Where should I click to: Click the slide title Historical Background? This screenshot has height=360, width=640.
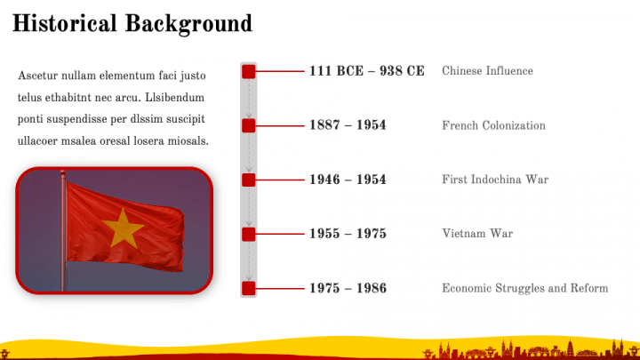pyautogui.click(x=132, y=24)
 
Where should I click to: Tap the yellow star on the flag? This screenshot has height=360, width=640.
pyautogui.click(x=123, y=228)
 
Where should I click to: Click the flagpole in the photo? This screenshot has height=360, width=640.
pyautogui.click(x=63, y=230)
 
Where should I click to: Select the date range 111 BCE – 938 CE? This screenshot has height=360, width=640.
pyautogui.click(x=366, y=71)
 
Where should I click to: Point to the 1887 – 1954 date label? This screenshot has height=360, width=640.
pyautogui.click(x=348, y=125)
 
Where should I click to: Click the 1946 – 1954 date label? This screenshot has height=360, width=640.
pyautogui.click(x=348, y=180)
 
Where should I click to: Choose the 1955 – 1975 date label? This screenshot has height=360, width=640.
pyautogui.click(x=348, y=234)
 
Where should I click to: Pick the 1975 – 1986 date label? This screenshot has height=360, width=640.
pyautogui.click(x=348, y=288)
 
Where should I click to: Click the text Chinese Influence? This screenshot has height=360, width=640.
pyautogui.click(x=487, y=71)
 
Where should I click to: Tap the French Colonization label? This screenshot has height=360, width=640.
pyautogui.click(x=493, y=125)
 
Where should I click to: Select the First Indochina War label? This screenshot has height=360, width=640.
pyautogui.click(x=495, y=180)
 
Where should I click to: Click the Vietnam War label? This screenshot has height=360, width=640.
pyautogui.click(x=477, y=234)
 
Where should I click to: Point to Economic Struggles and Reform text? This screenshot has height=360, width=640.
pyautogui.click(x=525, y=288)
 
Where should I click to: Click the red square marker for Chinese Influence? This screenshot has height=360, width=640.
pyautogui.click(x=249, y=71)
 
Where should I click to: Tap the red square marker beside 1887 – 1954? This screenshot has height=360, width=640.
pyautogui.click(x=249, y=125)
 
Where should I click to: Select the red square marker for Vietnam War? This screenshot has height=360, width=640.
pyautogui.click(x=249, y=235)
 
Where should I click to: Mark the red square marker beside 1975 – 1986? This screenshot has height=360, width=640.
pyautogui.click(x=249, y=289)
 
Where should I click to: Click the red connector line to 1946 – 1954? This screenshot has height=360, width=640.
pyautogui.click(x=280, y=180)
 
